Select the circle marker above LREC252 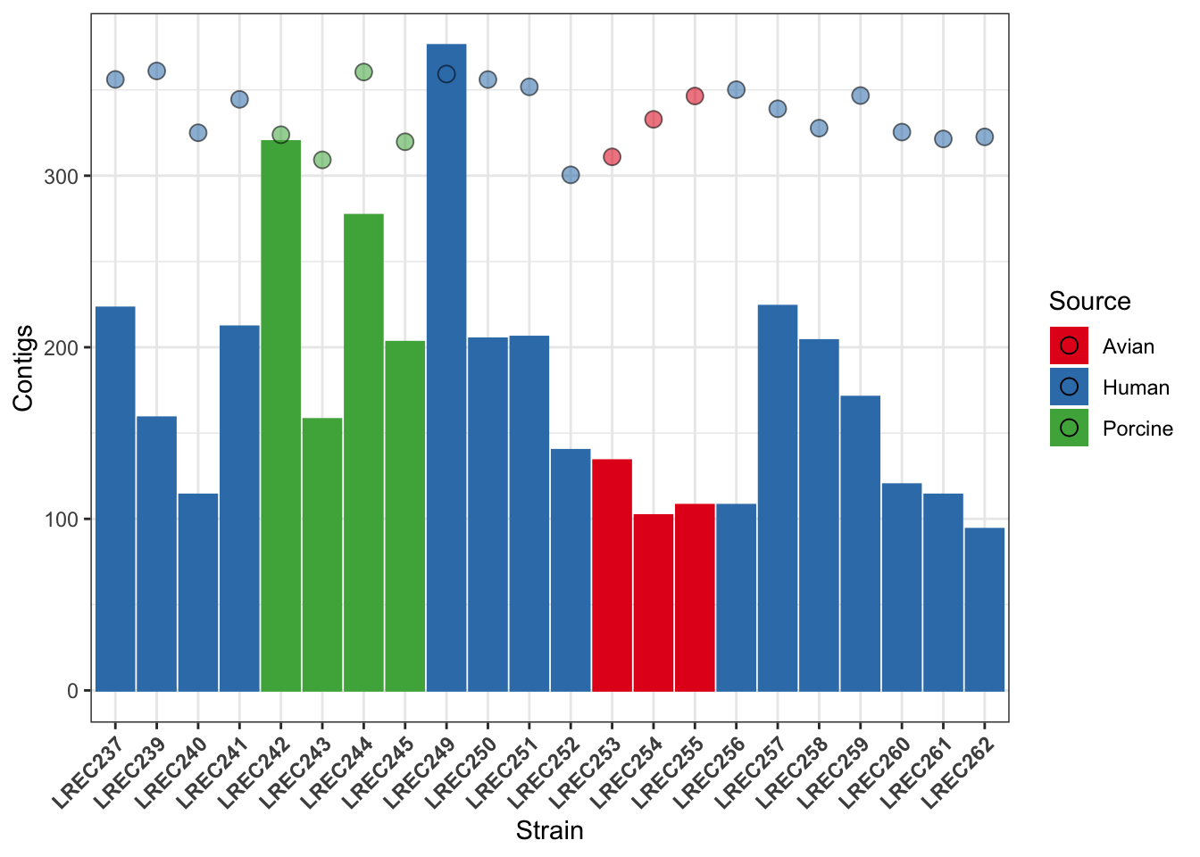pos(571,175)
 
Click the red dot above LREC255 pos(695,96)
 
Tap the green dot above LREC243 pos(322,160)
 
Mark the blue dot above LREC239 pos(156,71)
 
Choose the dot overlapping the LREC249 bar pos(446,74)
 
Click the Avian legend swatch pos(1069,346)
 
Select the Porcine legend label pos(1137,428)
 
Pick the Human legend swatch pos(1069,387)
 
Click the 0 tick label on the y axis pos(73,691)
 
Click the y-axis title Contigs pos(23,368)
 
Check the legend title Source pos(1089,302)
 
